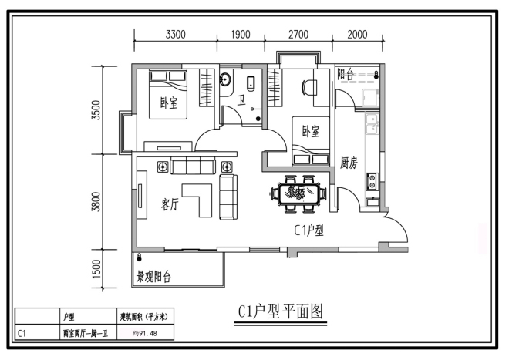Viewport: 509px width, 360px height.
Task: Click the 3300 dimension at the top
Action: point(176,35)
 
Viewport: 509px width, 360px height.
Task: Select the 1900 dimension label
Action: point(241,35)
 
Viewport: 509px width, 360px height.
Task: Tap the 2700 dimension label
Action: point(298,35)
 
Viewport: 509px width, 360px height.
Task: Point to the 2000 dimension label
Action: point(357,35)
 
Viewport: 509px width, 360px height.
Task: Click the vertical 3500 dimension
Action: point(96,110)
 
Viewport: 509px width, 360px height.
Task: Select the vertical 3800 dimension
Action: point(96,202)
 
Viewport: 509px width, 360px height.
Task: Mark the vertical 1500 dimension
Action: point(96,269)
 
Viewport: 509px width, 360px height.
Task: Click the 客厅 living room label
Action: point(170,204)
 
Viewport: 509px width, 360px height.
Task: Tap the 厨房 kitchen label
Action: point(349,163)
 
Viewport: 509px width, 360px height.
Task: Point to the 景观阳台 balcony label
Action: point(153,277)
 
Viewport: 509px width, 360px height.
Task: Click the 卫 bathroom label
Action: point(241,100)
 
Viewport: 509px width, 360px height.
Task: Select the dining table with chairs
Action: point(298,193)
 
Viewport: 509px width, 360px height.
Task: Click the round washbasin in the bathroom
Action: point(225,79)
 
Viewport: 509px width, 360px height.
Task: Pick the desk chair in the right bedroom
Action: point(308,87)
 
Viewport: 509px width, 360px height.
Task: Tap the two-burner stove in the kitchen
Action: point(372,181)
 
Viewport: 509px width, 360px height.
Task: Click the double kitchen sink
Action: point(372,123)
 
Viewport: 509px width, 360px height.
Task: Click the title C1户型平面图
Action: point(281,312)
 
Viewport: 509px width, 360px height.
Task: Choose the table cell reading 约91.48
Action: point(146,333)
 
